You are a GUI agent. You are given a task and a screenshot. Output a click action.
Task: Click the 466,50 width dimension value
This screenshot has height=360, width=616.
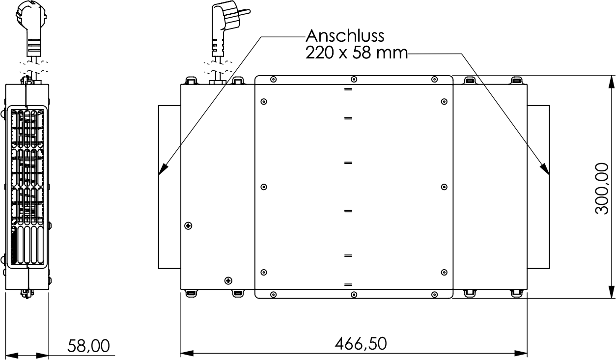click(x=361, y=344)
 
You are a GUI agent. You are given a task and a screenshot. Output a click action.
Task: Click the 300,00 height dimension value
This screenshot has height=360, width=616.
click(x=602, y=189)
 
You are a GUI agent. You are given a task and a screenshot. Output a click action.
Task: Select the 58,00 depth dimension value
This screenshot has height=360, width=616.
click(x=88, y=346)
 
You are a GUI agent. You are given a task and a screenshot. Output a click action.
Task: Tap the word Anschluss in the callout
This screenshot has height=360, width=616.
click(x=345, y=35)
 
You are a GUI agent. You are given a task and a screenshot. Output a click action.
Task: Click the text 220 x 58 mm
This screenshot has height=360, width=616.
click(x=357, y=53)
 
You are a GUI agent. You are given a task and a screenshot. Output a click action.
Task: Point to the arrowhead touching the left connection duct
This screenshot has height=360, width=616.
click(x=164, y=168)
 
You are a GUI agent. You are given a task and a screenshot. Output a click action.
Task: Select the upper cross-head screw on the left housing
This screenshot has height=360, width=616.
click(x=188, y=226)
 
